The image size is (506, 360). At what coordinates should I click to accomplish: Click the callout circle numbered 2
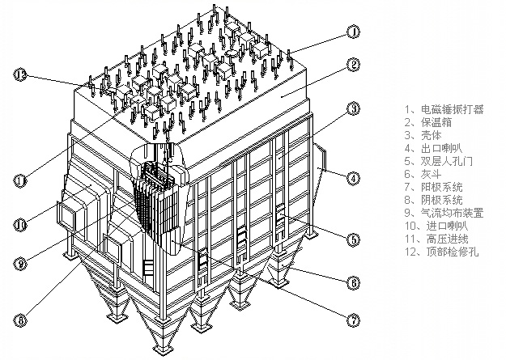pos(354,65)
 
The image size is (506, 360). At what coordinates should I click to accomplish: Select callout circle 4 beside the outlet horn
pos(354,177)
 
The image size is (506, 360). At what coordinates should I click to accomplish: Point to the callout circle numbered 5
pos(354,239)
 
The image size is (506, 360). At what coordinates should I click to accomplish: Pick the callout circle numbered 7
pos(354,320)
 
